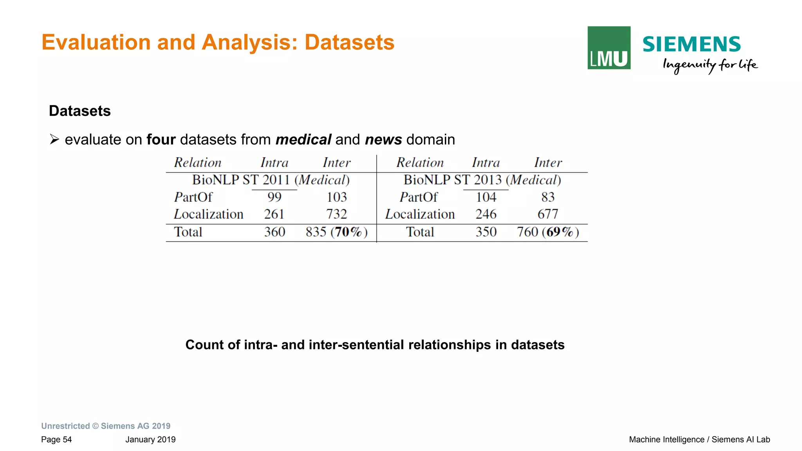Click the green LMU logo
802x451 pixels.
(609, 48)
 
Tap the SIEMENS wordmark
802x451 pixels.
(692, 44)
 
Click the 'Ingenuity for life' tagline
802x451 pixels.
(710, 65)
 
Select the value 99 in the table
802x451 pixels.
(274, 197)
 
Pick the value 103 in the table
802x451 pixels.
(337, 197)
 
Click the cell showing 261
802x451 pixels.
(274, 214)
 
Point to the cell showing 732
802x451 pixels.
(337, 214)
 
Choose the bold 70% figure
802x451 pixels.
(348, 232)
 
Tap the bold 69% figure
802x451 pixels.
(559, 232)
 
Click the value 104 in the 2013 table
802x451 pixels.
(486, 197)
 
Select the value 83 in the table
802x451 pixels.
(548, 197)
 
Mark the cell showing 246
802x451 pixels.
(486, 214)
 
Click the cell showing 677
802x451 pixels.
(548, 214)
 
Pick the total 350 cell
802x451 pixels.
(486, 232)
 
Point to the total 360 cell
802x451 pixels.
(275, 232)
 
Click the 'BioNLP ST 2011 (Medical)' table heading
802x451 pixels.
(271, 180)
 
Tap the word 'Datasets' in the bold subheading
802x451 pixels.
(80, 111)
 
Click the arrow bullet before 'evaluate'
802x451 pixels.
(54, 139)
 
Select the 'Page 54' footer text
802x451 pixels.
(56, 440)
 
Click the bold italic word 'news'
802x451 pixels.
(383, 139)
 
